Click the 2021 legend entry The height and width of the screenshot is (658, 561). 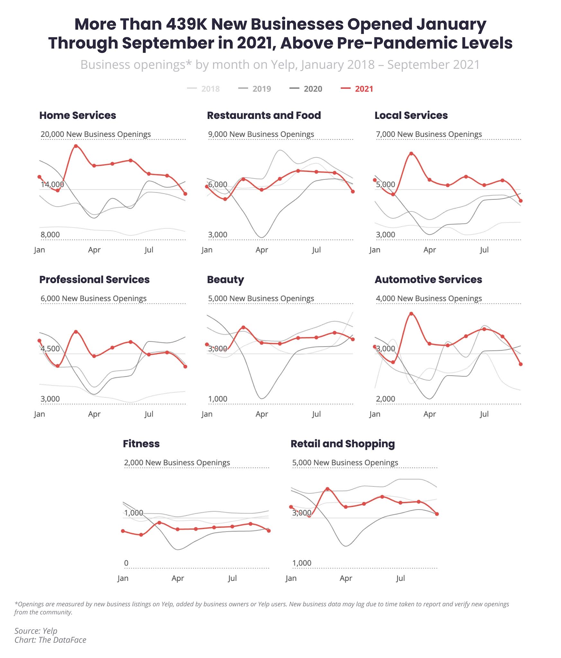tap(363, 89)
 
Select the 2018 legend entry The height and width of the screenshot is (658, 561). tap(210, 89)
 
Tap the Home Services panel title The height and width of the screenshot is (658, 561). tap(77, 115)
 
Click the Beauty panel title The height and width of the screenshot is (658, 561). tap(225, 280)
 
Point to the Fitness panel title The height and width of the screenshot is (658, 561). tap(141, 444)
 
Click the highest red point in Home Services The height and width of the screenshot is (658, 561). tap(76, 146)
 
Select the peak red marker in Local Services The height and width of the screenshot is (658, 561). tap(411, 154)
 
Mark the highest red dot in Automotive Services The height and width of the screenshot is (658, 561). tap(411, 314)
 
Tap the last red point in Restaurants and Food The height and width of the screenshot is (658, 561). tap(353, 191)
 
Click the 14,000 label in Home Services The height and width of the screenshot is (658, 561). tap(52, 184)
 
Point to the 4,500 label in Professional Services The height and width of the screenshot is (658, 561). tap(50, 349)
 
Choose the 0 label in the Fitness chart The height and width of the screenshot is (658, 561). tap(126, 563)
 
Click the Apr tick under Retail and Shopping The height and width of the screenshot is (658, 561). tap(346, 578)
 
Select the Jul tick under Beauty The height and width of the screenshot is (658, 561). tap(316, 414)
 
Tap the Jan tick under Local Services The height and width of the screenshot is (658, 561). tap(375, 250)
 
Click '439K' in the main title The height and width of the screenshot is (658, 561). tap(186, 24)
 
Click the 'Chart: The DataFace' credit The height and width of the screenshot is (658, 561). tap(50, 640)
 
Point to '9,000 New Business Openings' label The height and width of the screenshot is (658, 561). tap(261, 134)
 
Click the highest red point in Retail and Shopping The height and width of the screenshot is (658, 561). tap(327, 489)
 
